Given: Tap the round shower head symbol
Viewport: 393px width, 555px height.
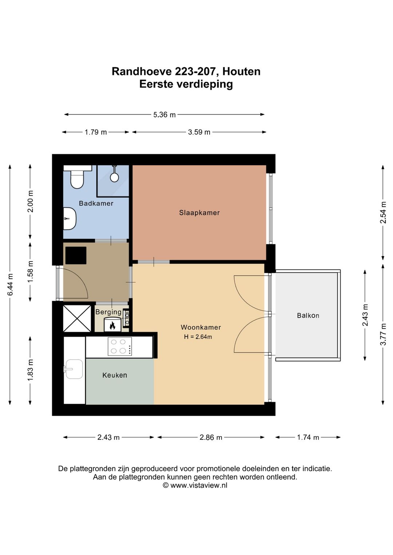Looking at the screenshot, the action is coord(114,177).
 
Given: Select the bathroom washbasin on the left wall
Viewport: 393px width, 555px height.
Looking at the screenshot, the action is coord(70,219).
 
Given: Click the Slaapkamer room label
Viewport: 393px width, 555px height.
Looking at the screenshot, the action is coord(199,213).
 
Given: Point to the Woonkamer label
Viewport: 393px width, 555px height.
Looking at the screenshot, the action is coord(201,327).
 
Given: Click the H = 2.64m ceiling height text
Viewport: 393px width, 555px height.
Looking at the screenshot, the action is coord(198,337).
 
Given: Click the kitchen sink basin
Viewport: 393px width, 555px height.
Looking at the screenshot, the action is coord(73,369).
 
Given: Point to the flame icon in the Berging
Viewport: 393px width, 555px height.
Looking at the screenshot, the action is coord(112,325).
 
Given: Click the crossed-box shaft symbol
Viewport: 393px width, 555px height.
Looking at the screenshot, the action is coord(77,318).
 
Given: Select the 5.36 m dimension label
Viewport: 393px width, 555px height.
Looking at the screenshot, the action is coord(164,115).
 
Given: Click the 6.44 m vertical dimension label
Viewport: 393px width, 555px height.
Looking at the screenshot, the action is coord(10,285).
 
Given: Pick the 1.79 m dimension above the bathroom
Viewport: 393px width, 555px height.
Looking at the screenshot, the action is coord(96,132).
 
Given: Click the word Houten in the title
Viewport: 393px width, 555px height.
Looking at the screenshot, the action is coord(241,72).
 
